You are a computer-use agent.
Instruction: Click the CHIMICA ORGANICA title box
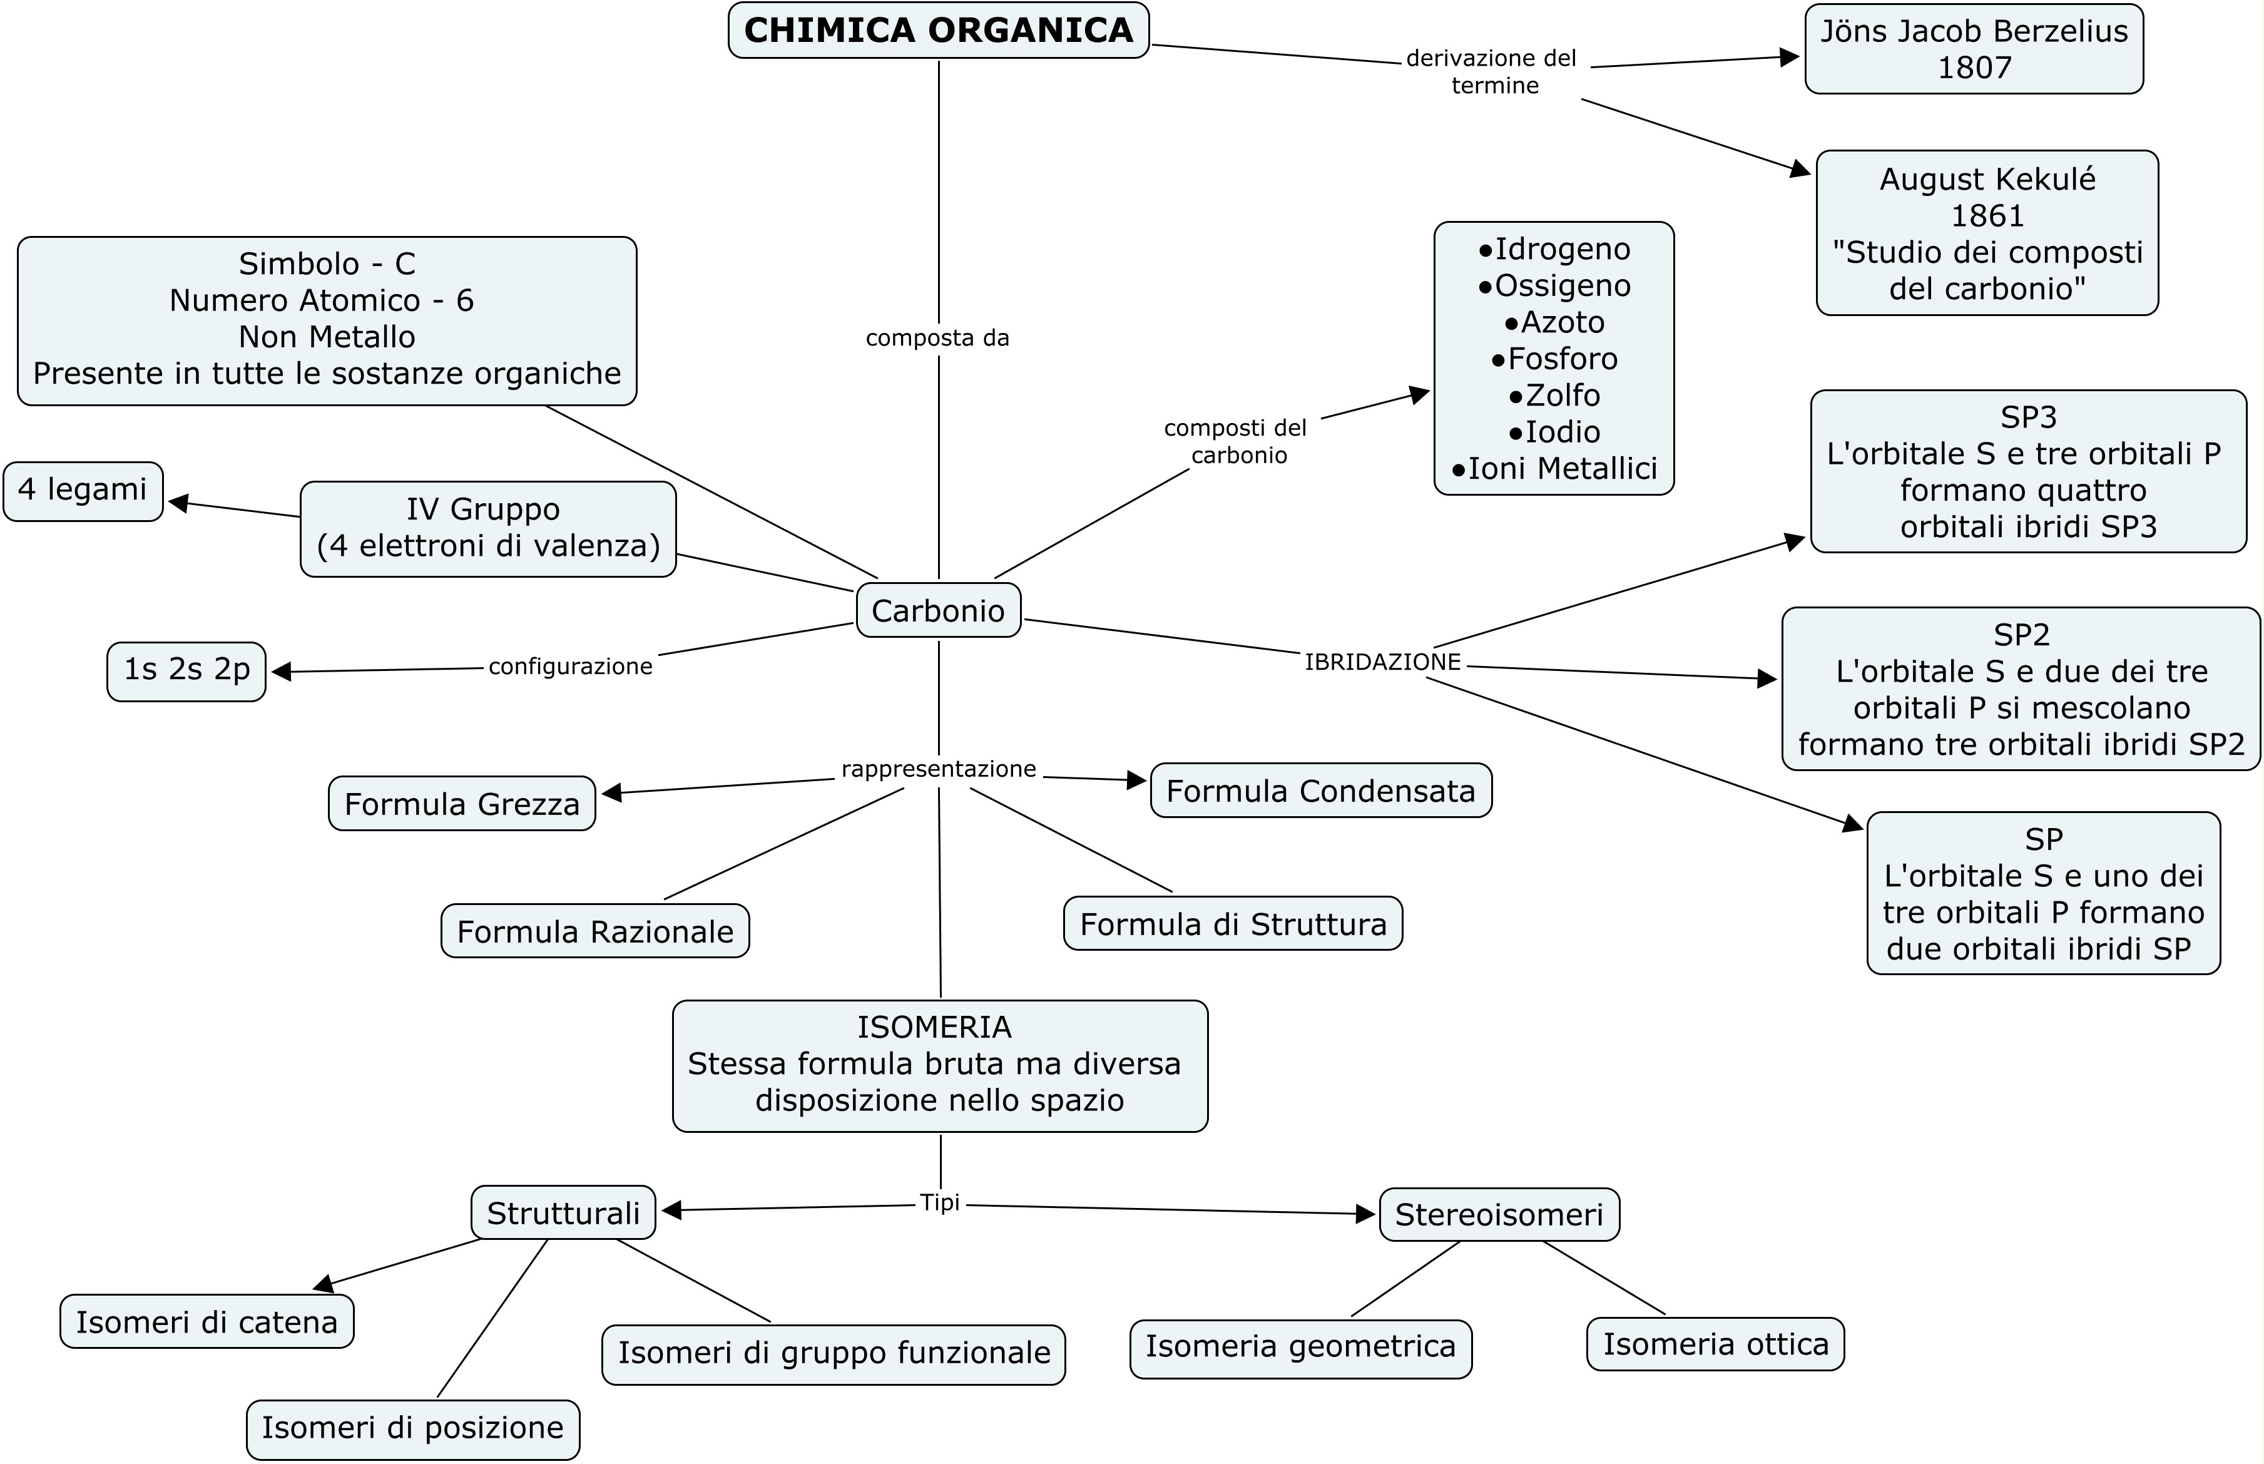[x=938, y=31]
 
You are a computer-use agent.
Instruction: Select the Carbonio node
[x=938, y=610]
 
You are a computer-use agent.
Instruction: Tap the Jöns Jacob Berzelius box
[x=1973, y=48]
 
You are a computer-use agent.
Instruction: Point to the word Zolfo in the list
[x=1563, y=396]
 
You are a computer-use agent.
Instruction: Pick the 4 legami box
[x=83, y=491]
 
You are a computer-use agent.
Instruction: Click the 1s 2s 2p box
[x=186, y=670]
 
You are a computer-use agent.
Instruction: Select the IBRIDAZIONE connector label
[x=1382, y=663]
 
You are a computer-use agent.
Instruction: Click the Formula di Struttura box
[x=1233, y=924]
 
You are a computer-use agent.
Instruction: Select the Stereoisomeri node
[x=1499, y=1215]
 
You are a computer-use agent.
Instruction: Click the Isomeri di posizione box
[x=412, y=1428]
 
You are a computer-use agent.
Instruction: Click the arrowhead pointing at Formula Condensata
[x=1137, y=781]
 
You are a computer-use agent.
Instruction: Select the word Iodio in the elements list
[x=1563, y=433]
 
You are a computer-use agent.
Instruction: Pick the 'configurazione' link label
[x=570, y=667]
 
